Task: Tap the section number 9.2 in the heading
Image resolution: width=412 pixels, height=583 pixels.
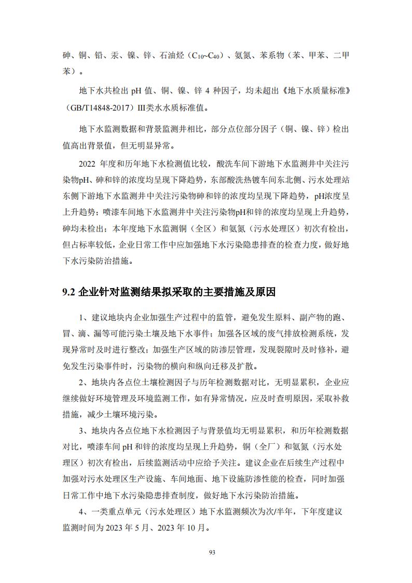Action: tap(70, 292)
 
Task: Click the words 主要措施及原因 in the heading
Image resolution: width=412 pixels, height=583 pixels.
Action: tap(242, 292)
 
